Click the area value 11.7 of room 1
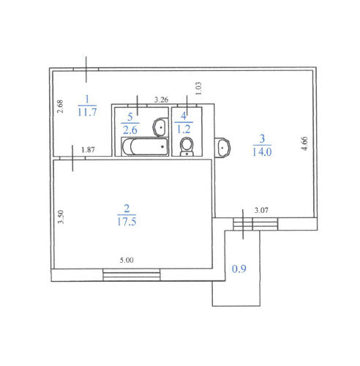pyautogui.click(x=87, y=112)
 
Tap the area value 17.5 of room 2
pyautogui.click(x=127, y=222)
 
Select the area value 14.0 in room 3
pyautogui.click(x=262, y=152)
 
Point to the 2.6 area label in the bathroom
pyautogui.click(x=130, y=130)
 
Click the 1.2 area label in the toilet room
pyautogui.click(x=184, y=129)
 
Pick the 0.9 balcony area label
pyautogui.click(x=239, y=269)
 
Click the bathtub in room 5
pyautogui.click(x=145, y=146)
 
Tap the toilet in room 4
pyautogui.click(x=187, y=147)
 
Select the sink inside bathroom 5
pyautogui.click(x=160, y=127)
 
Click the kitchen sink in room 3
pyautogui.click(x=222, y=148)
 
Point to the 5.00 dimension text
pyautogui.click(x=127, y=260)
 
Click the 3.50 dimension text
pyautogui.click(x=60, y=217)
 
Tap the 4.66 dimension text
pyautogui.click(x=304, y=143)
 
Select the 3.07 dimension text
pyautogui.click(x=261, y=210)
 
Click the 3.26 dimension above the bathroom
pyautogui.click(x=161, y=100)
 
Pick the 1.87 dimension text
pyautogui.click(x=88, y=149)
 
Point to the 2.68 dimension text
pyautogui.click(x=60, y=106)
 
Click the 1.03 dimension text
pyautogui.click(x=198, y=89)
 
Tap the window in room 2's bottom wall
pyautogui.click(x=132, y=274)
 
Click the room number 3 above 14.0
pyautogui.click(x=262, y=138)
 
